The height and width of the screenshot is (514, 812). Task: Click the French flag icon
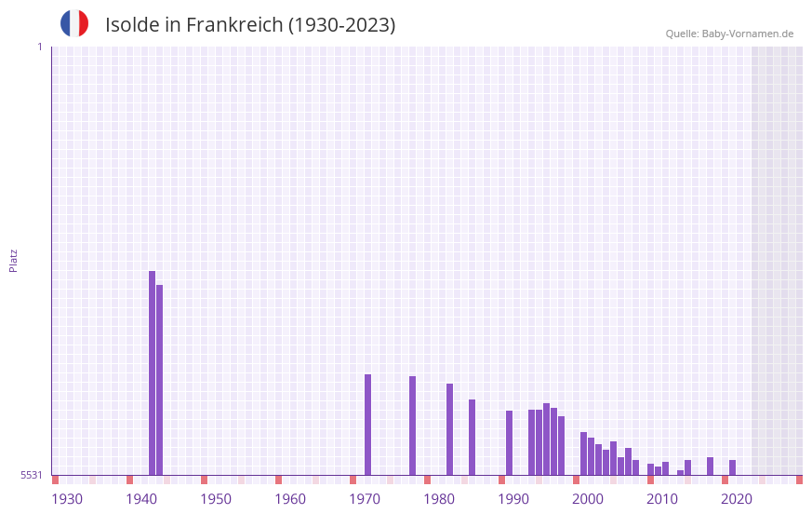tap(74, 23)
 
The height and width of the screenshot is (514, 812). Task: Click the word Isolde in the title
tap(132, 25)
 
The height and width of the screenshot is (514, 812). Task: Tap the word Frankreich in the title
tap(233, 25)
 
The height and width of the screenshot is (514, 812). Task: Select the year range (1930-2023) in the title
tap(341, 25)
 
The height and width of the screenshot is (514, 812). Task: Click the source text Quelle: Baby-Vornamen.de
tap(729, 34)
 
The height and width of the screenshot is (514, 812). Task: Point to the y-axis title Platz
tap(13, 260)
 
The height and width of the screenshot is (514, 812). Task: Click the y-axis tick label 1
tap(39, 47)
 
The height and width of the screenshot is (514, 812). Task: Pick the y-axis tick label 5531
tap(31, 475)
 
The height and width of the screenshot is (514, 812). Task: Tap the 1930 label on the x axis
tap(67, 499)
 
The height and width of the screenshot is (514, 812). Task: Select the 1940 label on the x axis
tap(141, 499)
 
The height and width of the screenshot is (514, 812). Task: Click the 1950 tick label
tap(216, 499)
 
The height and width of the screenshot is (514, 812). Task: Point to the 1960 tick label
tap(290, 499)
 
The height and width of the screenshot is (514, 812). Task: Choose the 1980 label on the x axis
tap(439, 499)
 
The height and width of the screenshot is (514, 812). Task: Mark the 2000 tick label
tap(588, 499)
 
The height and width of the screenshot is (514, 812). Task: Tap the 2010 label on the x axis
tap(662, 499)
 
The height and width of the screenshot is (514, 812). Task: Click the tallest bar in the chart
tap(152, 372)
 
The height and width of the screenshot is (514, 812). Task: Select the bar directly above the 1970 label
tap(367, 425)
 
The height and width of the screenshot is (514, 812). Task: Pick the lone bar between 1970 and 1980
tap(412, 426)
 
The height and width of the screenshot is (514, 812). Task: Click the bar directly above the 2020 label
tap(732, 467)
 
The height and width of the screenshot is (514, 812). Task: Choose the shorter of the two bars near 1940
tap(159, 380)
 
